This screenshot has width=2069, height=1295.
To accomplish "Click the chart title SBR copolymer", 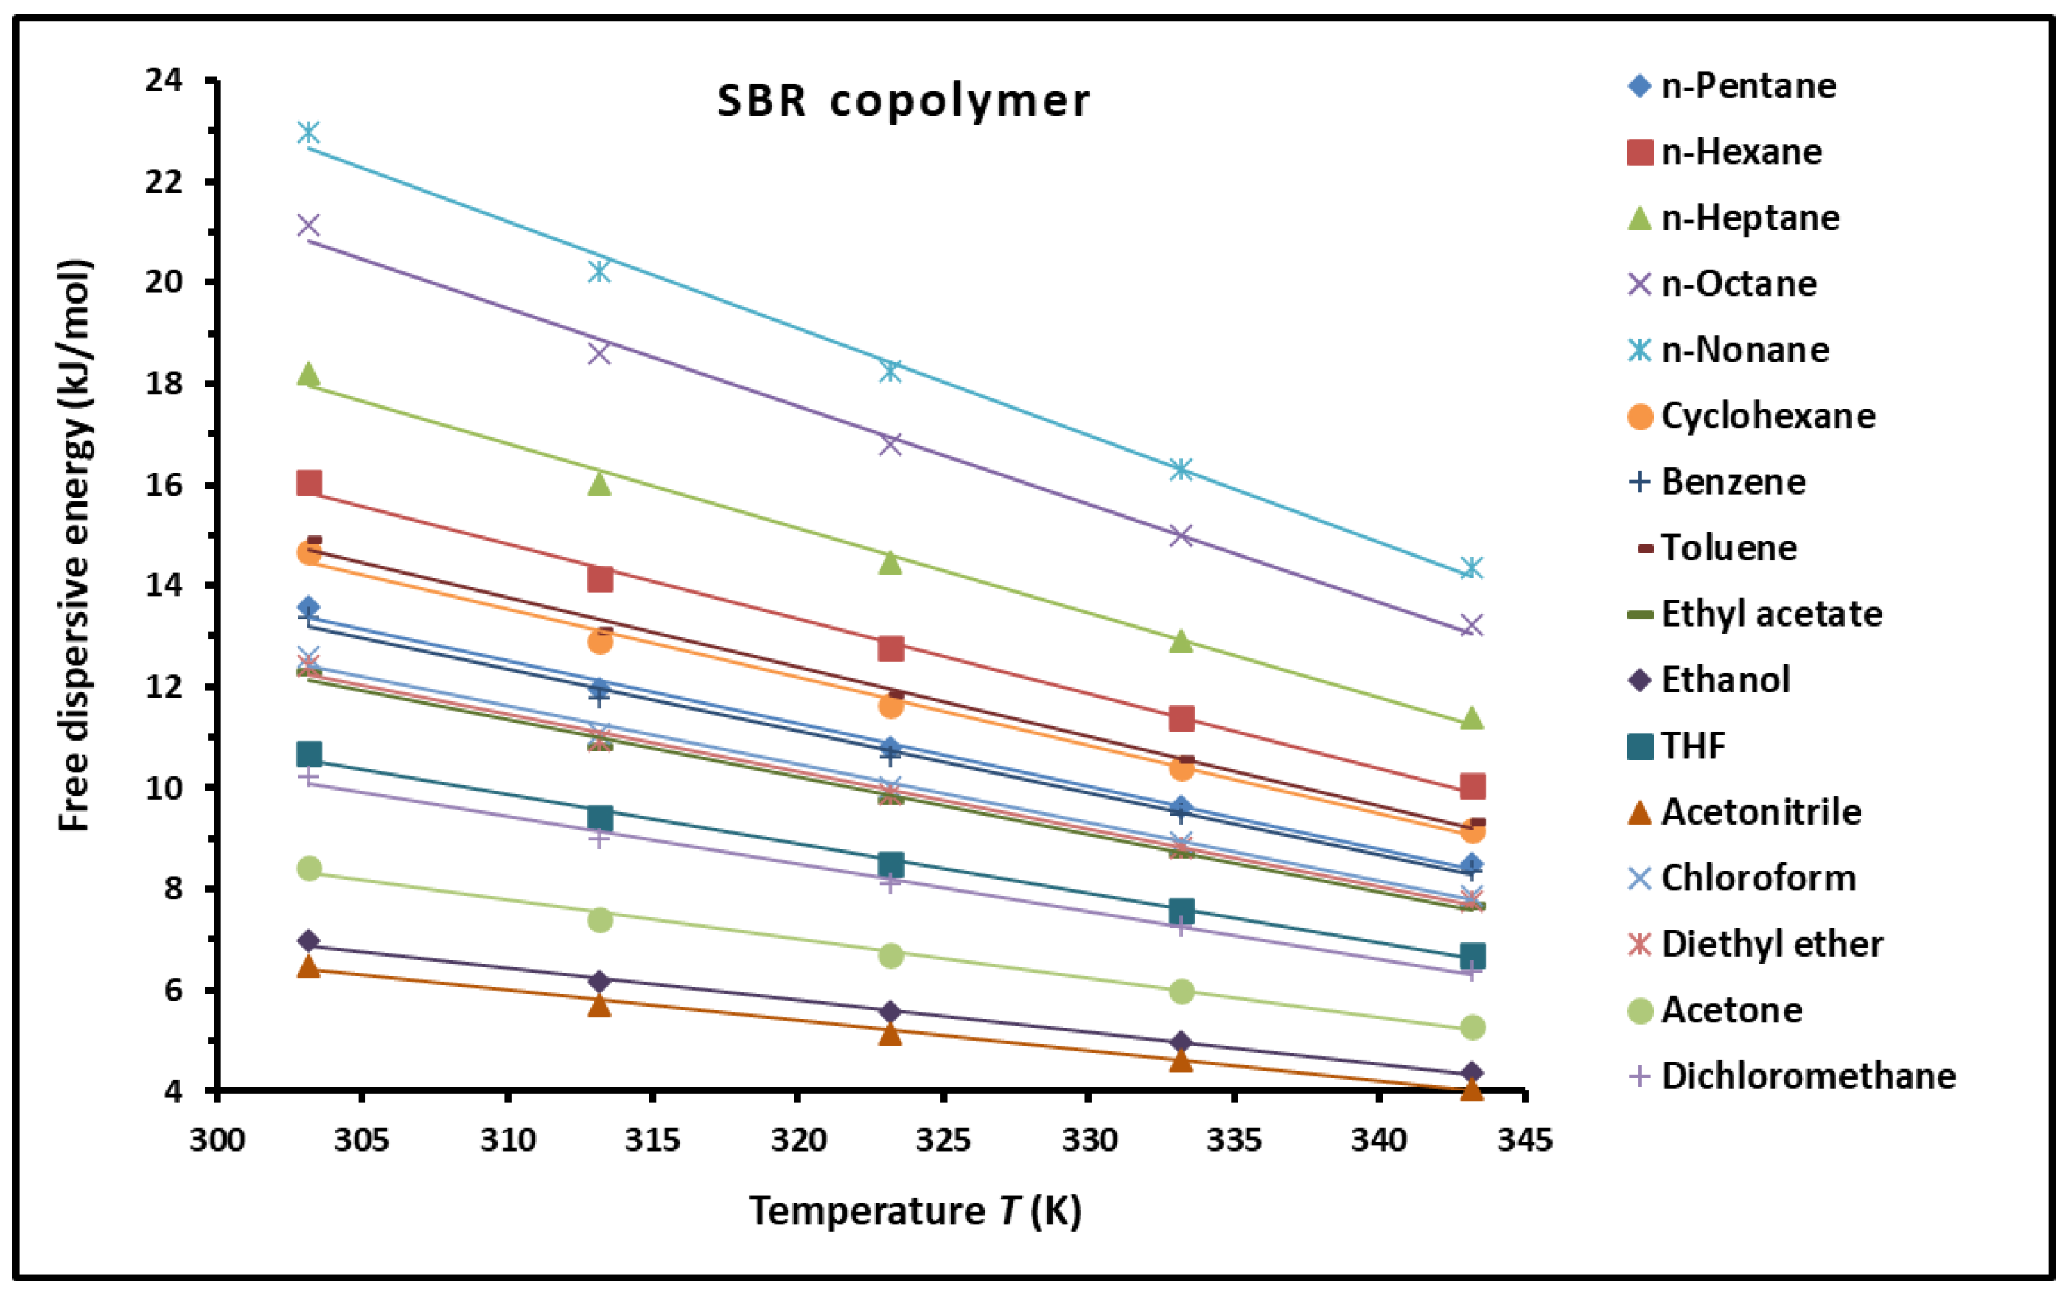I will click(903, 101).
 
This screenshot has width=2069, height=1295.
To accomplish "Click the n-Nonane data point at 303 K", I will click(308, 132).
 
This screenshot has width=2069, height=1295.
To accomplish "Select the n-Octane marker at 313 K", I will click(600, 352).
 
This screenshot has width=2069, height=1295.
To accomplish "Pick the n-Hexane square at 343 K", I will click(1472, 786).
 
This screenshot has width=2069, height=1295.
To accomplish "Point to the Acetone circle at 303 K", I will click(309, 868).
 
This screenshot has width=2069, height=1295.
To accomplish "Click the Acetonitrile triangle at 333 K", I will click(1181, 1060).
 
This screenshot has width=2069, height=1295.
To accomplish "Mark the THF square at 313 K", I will click(600, 817).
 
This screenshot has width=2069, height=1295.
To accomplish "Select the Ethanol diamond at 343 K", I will click(1472, 1072).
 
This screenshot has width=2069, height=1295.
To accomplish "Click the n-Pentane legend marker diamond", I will click(1639, 85).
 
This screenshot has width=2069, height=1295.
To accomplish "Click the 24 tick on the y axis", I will click(165, 81).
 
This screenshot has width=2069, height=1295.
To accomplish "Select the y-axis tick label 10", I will click(165, 788).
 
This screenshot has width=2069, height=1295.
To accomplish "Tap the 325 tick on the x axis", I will click(943, 1140).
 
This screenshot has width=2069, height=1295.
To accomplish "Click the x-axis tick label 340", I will click(1379, 1140).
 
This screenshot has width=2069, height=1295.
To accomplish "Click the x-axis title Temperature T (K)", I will click(915, 1211).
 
